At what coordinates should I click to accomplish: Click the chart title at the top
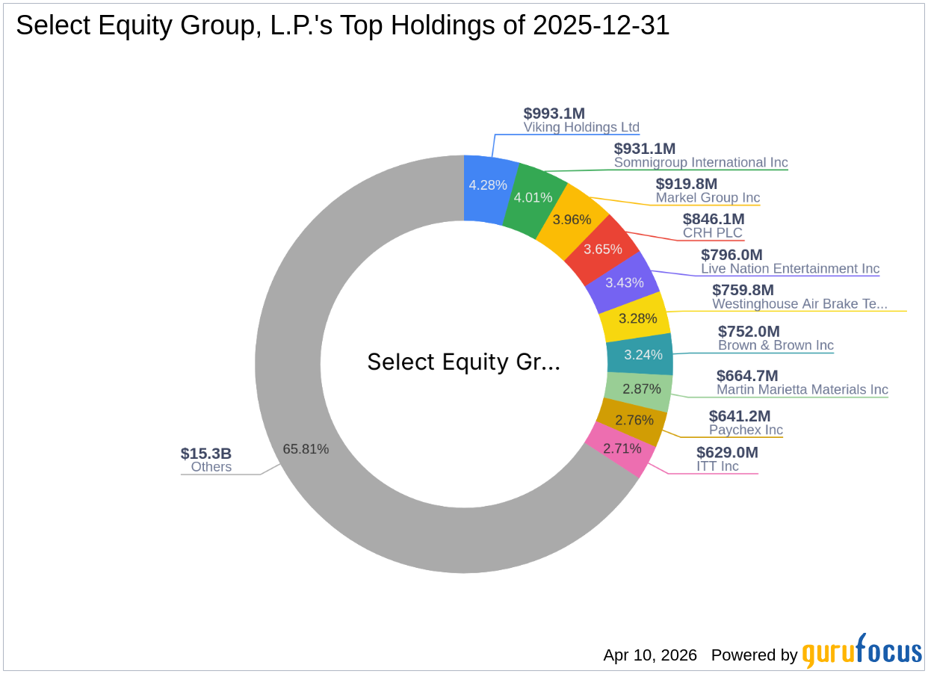tap(343, 26)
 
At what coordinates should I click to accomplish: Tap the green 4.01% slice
tap(533, 197)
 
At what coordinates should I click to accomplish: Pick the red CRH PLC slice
tap(603, 249)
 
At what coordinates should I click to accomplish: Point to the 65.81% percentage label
tap(306, 449)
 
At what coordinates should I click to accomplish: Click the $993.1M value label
tap(554, 114)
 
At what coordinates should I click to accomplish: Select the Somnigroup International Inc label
tap(701, 163)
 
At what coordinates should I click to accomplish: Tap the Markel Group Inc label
tap(708, 198)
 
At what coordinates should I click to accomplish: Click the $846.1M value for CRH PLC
tap(714, 219)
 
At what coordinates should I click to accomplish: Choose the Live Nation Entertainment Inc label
tap(790, 269)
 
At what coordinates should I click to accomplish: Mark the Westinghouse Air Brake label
tap(799, 304)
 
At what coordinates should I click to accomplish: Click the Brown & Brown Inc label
tap(776, 345)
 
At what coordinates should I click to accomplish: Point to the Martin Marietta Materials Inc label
tap(802, 389)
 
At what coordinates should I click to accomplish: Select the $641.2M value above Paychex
tap(740, 416)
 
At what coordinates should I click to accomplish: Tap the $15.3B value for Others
tap(206, 454)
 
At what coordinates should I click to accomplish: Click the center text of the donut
tap(463, 362)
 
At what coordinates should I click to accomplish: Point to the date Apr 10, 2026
tap(650, 655)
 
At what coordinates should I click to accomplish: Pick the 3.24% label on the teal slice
tap(643, 355)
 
